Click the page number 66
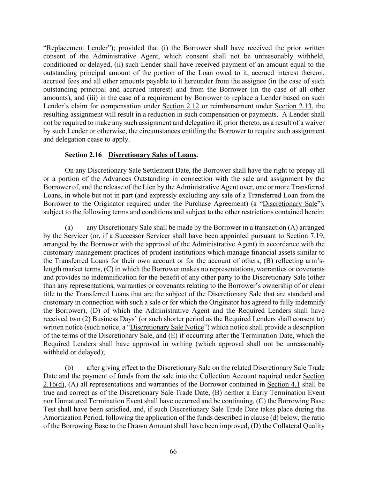(x=173, y=451)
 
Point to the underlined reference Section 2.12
(x=181, y=106)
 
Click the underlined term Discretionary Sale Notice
(x=167, y=327)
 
